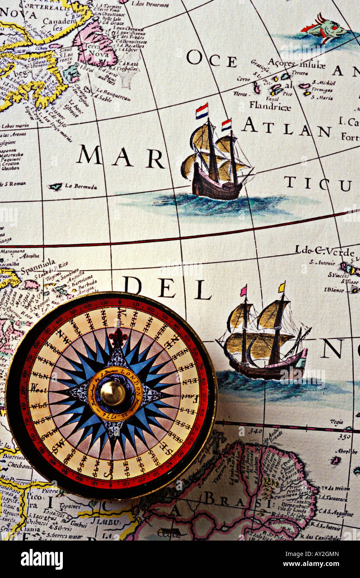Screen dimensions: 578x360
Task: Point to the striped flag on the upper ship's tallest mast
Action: pyautogui.click(x=202, y=111)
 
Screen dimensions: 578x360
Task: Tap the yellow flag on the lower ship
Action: pyautogui.click(x=282, y=287)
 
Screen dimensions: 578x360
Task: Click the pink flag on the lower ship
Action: pyautogui.click(x=243, y=291)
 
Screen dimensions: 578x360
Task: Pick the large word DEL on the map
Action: pyautogui.click(x=166, y=288)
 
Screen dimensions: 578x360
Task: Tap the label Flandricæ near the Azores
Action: pyautogui.click(x=270, y=106)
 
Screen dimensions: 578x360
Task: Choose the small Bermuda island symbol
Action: pyautogui.click(x=55, y=187)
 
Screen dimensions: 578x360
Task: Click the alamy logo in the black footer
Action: pyautogui.click(x=42, y=559)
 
